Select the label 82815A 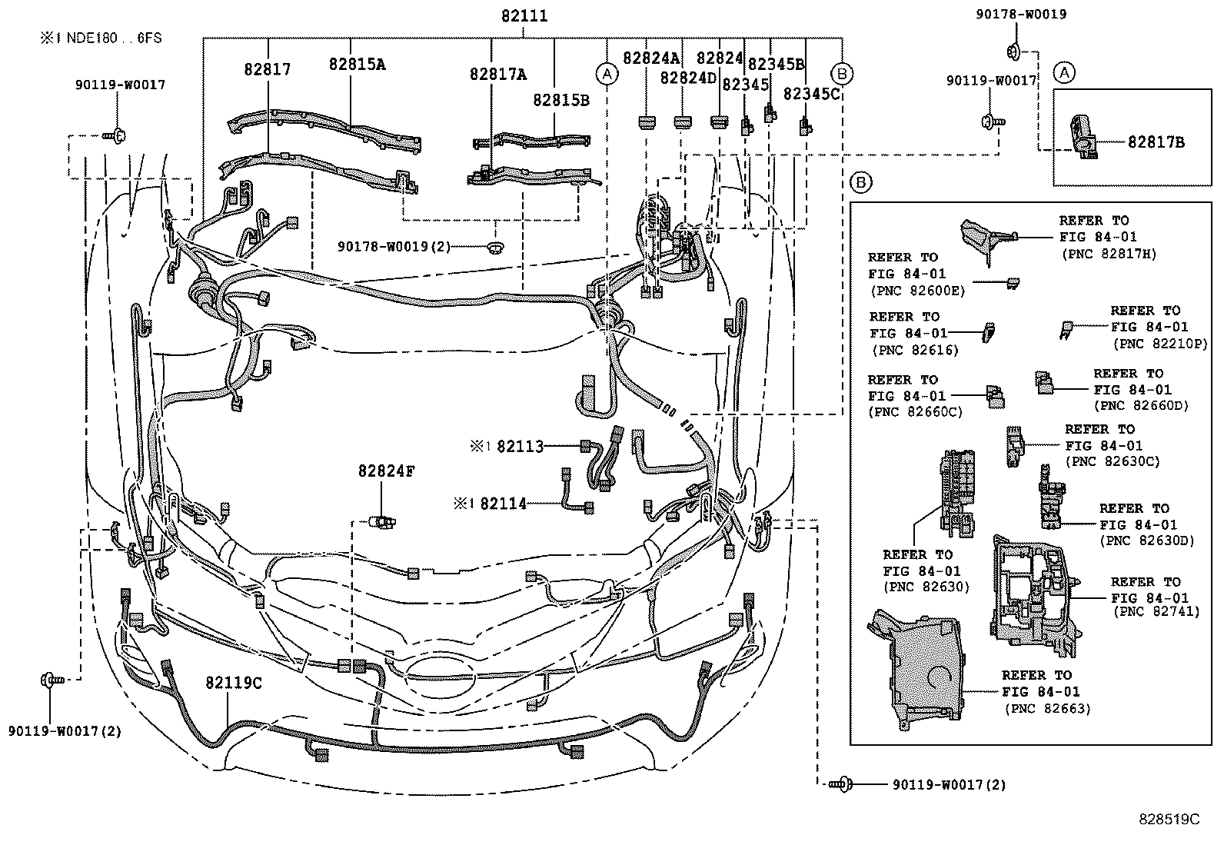pyautogui.click(x=357, y=65)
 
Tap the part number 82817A pyautogui.click(x=498, y=74)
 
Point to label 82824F pyautogui.click(x=385, y=471)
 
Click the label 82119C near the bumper pyautogui.click(x=233, y=683)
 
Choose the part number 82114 pyautogui.click(x=504, y=504)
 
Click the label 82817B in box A pyautogui.click(x=1156, y=142)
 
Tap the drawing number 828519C pyautogui.click(x=1169, y=820)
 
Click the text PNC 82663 pyautogui.click(x=1046, y=709)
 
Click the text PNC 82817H pyautogui.click(x=1108, y=254)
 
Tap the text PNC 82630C pyautogui.click(x=1112, y=461)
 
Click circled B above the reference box pyautogui.click(x=860, y=182)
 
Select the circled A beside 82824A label pyautogui.click(x=607, y=74)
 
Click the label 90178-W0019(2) pyautogui.click(x=393, y=247)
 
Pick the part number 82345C pyautogui.click(x=812, y=94)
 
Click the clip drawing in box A pyautogui.click(x=1083, y=138)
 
